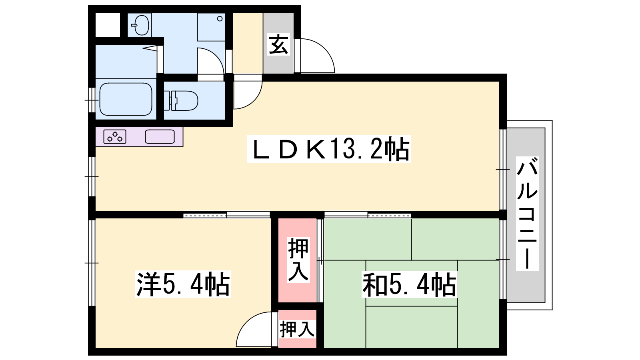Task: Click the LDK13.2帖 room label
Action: tap(329, 149)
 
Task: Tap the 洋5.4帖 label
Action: tap(183, 284)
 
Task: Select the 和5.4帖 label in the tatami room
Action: tap(410, 284)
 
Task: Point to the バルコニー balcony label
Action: tap(527, 213)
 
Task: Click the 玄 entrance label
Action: tap(278, 44)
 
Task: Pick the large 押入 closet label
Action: tap(298, 260)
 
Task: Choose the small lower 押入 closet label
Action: tap(298, 329)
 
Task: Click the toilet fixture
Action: tap(183, 100)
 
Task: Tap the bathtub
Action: tap(126, 99)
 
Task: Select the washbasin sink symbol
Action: tap(140, 25)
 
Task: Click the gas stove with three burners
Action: tap(115, 136)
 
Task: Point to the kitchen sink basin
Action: tap(160, 136)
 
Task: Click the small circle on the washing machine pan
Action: tap(220, 19)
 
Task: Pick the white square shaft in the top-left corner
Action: tap(108, 25)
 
